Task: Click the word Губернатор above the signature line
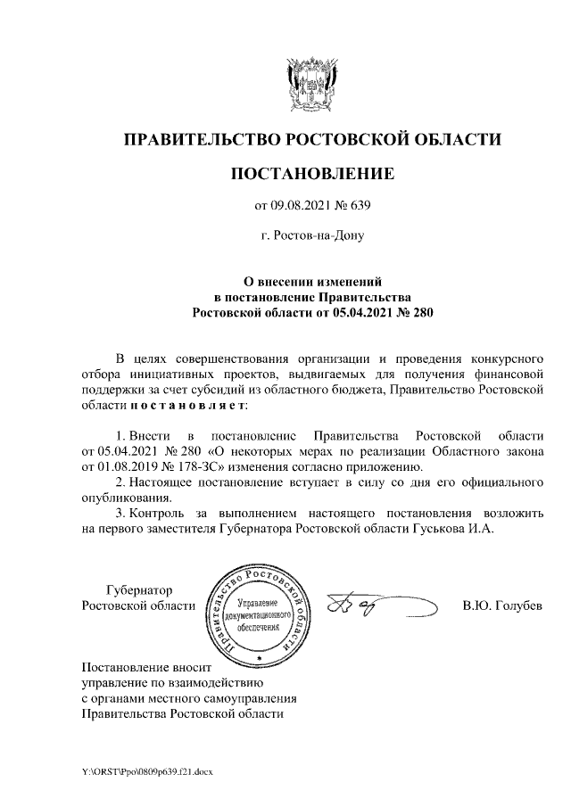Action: point(139,589)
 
